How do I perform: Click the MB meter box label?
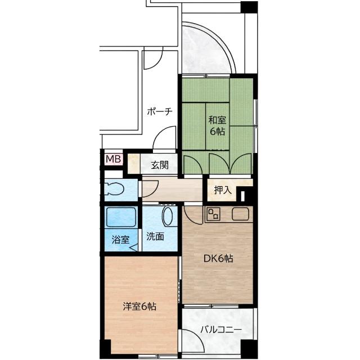pyautogui.click(x=113, y=159)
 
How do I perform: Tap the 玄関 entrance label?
pyautogui.click(x=160, y=165)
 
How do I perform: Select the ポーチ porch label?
pyautogui.click(x=160, y=112)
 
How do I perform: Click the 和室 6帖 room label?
pyautogui.click(x=217, y=126)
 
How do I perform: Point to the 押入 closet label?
pyautogui.click(x=222, y=190)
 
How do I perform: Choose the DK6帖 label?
pyautogui.click(x=218, y=259)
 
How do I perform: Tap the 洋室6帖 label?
pyautogui.click(x=139, y=307)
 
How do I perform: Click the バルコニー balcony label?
pyautogui.click(x=221, y=330)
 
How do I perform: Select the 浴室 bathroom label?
pyautogui.click(x=120, y=240)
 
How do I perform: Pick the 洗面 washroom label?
pyautogui.click(x=155, y=236)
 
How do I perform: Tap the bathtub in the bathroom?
pyautogui.click(x=121, y=217)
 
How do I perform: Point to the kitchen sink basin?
pyautogui.click(x=240, y=214)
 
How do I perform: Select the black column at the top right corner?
pyautogui.click(x=249, y=7)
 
